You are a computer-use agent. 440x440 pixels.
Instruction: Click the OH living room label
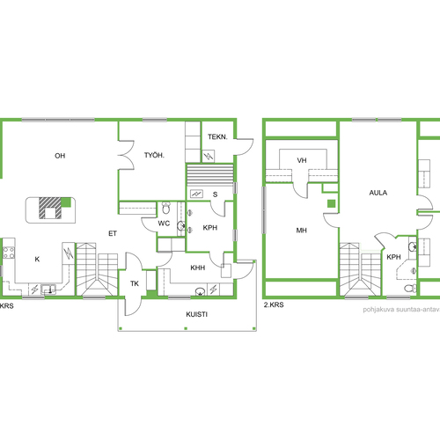click(x=60, y=156)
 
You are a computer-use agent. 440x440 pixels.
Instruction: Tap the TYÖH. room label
click(x=154, y=155)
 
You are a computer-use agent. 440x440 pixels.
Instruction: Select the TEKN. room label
click(x=217, y=137)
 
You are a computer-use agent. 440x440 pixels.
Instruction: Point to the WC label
click(x=164, y=224)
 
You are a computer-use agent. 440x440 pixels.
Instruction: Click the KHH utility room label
click(x=198, y=268)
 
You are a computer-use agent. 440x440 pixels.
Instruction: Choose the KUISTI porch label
click(x=196, y=314)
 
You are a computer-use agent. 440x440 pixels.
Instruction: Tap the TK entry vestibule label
click(x=135, y=283)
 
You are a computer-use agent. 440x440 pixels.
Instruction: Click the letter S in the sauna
click(x=215, y=194)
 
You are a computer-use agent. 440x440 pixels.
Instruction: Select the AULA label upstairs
click(x=378, y=193)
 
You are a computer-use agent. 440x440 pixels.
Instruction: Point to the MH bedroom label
click(x=302, y=231)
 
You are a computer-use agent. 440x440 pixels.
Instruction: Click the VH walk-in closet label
click(x=302, y=160)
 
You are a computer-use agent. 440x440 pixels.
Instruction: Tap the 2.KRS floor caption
click(x=274, y=304)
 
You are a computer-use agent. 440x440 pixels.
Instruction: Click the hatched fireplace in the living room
click(x=50, y=208)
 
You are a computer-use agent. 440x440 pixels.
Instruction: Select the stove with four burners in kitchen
click(x=9, y=253)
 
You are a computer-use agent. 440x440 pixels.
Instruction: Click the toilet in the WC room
click(x=165, y=208)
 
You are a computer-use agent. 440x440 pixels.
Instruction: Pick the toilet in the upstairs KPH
click(x=410, y=288)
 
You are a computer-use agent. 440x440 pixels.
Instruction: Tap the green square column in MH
click(x=332, y=203)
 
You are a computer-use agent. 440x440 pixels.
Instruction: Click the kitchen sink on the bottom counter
click(x=48, y=290)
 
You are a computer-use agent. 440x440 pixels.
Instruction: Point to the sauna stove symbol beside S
click(x=196, y=194)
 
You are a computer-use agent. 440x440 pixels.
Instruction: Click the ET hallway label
click(x=113, y=233)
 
